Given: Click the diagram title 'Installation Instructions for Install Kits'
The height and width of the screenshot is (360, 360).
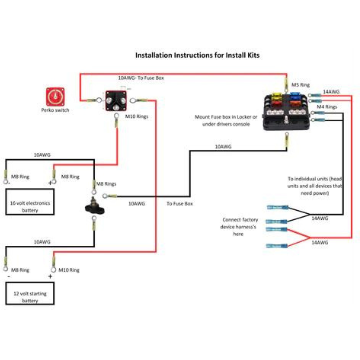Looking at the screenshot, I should [x=197, y=55].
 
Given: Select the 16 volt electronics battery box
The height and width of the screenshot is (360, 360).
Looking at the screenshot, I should [x=30, y=202].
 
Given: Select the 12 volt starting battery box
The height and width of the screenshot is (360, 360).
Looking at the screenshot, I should [x=30, y=293].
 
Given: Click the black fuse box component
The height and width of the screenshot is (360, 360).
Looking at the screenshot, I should [x=287, y=111].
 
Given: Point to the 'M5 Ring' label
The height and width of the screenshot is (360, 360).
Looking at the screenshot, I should [x=301, y=85].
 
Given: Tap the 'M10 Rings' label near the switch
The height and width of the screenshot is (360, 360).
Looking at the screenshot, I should [x=137, y=117].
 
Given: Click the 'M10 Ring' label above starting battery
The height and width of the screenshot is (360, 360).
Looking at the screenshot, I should [x=69, y=270].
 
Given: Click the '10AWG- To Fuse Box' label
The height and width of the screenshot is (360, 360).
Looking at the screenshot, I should [x=141, y=78].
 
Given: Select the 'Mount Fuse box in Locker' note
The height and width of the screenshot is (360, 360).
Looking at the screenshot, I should [x=226, y=121].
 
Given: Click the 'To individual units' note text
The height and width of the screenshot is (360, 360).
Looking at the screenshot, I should [x=315, y=186].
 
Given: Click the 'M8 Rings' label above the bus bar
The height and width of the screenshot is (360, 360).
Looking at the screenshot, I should [x=106, y=184].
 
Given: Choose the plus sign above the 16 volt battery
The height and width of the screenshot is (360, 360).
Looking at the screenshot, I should [x=50, y=183].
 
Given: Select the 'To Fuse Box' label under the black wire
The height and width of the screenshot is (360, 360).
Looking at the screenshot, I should [x=180, y=203].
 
